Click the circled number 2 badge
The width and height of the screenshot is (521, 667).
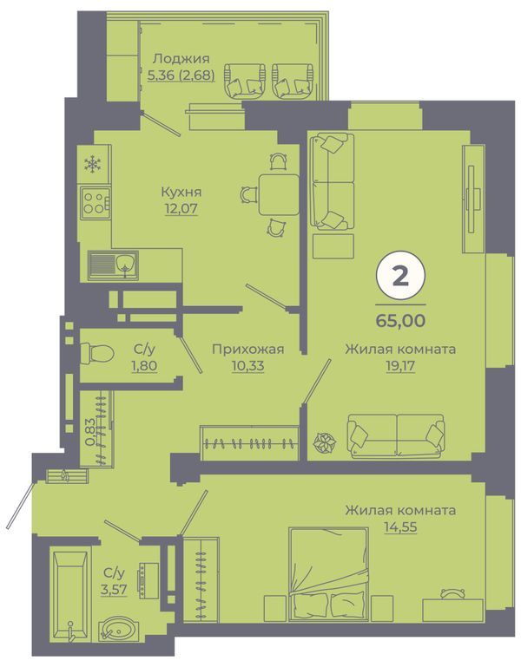point(400,277)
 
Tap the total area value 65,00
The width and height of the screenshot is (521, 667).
point(400,320)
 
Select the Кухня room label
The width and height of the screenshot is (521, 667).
point(181,193)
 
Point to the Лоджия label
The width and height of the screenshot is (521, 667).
point(181,58)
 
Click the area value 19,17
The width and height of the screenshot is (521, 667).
point(400,366)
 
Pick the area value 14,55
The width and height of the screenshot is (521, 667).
point(400,527)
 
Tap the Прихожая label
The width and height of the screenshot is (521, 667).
point(248,350)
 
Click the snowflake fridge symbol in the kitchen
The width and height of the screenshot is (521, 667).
point(93,164)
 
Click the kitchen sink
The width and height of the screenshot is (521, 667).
point(113,265)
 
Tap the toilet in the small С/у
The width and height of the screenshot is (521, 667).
point(97,353)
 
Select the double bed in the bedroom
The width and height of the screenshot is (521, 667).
point(328,573)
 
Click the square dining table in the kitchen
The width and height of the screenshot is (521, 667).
point(279,195)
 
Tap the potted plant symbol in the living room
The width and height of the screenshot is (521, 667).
point(325,442)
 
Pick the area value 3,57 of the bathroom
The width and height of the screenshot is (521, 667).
point(114,590)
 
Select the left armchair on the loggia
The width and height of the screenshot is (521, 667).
point(244,81)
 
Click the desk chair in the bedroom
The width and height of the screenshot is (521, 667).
point(453,593)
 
